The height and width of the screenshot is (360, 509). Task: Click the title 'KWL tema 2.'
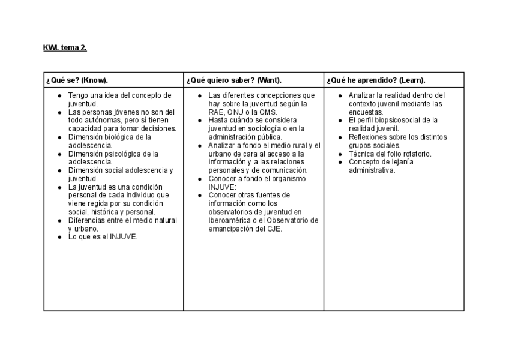[65, 48]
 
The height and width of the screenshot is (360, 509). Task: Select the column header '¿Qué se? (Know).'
[77, 80]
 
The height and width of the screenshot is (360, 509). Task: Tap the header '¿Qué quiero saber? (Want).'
[234, 80]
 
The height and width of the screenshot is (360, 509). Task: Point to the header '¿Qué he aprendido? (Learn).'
[376, 80]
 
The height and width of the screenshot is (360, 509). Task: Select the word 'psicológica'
[128, 154]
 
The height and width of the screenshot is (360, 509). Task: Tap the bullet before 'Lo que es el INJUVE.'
[60, 237]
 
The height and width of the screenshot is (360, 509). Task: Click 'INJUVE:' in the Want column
[222, 187]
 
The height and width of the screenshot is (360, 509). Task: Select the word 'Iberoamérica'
[229, 220]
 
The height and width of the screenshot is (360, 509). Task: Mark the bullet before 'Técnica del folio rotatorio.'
[340, 154]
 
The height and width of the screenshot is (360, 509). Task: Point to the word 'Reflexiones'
[367, 137]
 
